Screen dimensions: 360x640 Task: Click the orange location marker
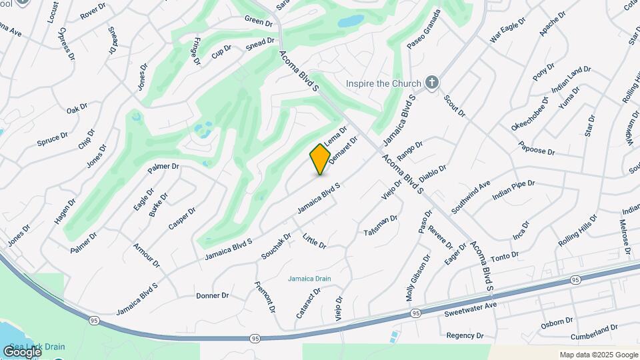point(321,159)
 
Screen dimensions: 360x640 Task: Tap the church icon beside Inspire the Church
point(432,83)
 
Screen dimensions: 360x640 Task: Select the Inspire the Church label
point(383,83)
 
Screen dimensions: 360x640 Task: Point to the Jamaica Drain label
point(309,279)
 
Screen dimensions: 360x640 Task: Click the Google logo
point(22,351)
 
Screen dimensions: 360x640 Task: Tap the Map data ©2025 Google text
point(599,355)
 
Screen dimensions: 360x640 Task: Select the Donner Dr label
point(213,295)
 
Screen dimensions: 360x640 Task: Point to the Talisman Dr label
point(381,225)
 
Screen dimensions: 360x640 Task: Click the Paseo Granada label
point(424,29)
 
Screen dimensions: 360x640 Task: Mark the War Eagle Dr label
point(508,30)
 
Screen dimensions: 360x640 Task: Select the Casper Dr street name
point(182,219)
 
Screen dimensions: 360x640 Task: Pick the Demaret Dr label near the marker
point(343,148)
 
